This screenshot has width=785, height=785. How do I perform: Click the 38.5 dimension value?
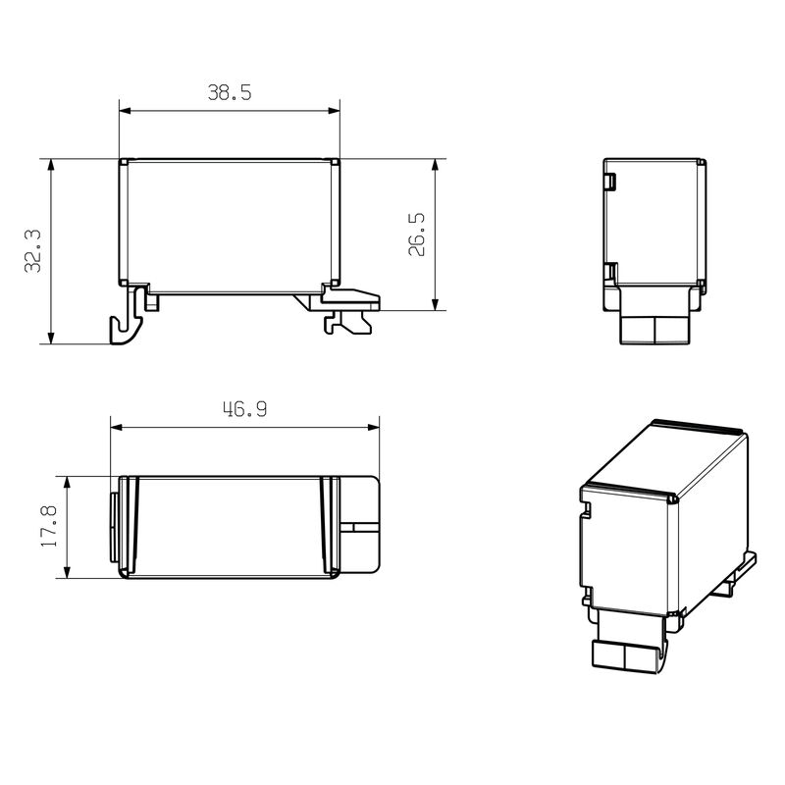(x=230, y=93)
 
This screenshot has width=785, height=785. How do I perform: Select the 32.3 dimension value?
(x=32, y=251)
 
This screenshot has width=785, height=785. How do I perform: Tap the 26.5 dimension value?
(x=417, y=234)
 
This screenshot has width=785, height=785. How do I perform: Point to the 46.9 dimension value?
(x=243, y=410)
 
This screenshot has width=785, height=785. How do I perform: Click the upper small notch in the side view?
(x=609, y=182)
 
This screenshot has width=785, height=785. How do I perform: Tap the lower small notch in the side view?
(x=609, y=270)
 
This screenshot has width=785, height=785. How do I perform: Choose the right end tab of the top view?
(x=359, y=526)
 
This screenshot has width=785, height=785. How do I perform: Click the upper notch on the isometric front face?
(x=586, y=509)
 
